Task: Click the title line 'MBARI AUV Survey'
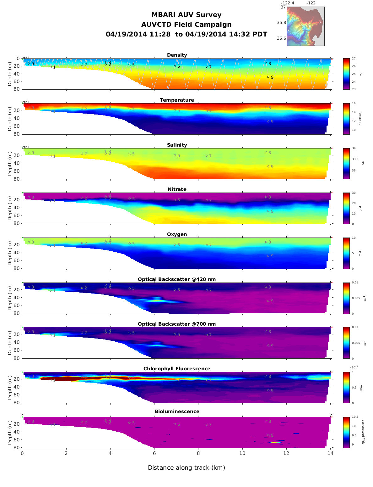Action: coord(186,15)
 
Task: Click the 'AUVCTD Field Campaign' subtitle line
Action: coord(186,25)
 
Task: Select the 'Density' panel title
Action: coord(177,55)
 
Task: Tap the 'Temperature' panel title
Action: coord(177,100)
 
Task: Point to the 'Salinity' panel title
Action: coord(177,145)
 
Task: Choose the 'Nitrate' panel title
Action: coord(177,189)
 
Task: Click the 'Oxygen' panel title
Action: coord(177,234)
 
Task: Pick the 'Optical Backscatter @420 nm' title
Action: coord(177,279)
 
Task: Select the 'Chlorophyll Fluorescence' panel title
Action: coord(177,369)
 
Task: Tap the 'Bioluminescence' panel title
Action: coord(177,411)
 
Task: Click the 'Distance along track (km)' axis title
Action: coord(186,467)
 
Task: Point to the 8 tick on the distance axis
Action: coord(198,453)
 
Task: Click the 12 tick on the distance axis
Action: coord(286,453)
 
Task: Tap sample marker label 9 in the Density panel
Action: coord(272,77)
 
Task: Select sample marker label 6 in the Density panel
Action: coord(179,66)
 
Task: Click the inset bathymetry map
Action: coord(305,26)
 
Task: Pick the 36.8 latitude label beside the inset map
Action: coord(281,23)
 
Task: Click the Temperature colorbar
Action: coord(346,119)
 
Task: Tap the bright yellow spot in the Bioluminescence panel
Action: coord(275,442)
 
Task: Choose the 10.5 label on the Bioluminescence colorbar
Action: coord(355,417)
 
